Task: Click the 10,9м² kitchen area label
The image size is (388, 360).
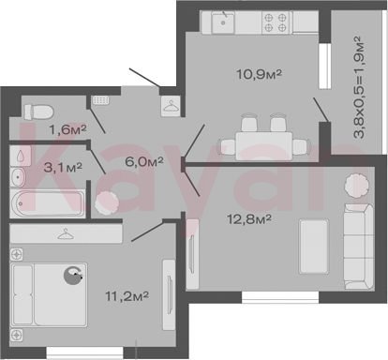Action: [260, 74]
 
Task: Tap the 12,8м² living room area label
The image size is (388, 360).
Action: [249, 219]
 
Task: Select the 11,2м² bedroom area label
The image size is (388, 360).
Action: [127, 296]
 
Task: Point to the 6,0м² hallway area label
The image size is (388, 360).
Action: [144, 161]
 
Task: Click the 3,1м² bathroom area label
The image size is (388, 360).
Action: [63, 167]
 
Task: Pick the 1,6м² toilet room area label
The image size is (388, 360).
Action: [67, 129]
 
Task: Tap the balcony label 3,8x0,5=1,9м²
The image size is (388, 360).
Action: [358, 87]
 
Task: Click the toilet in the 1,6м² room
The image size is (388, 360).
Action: [38, 112]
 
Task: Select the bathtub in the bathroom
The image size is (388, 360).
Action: [48, 203]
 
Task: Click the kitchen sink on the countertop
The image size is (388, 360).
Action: [223, 22]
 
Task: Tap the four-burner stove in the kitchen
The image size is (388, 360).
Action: [276, 22]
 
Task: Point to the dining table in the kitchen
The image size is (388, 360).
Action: [264, 146]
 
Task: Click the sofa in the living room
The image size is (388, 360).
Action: [358, 247]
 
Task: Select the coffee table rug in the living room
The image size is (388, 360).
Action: [314, 247]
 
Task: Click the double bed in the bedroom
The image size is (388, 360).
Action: [49, 294]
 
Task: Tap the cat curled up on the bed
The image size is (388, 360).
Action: [73, 276]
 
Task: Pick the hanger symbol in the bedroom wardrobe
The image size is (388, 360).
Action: [66, 233]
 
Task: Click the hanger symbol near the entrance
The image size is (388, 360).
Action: [171, 105]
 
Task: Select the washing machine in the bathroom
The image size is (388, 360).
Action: [21, 156]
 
